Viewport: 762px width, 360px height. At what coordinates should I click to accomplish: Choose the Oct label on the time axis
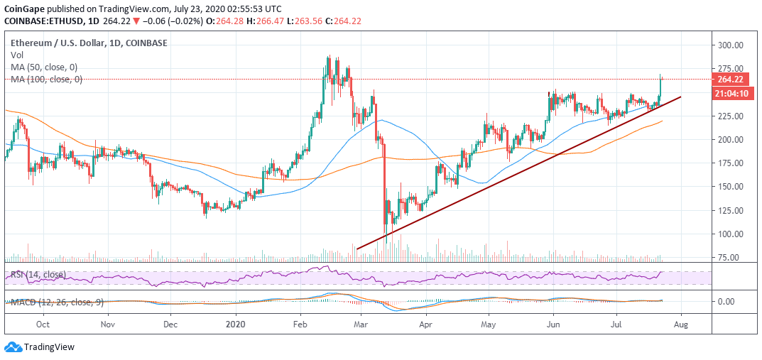click(x=43, y=324)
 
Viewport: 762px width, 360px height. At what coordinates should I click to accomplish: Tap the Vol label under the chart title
click(x=16, y=55)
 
